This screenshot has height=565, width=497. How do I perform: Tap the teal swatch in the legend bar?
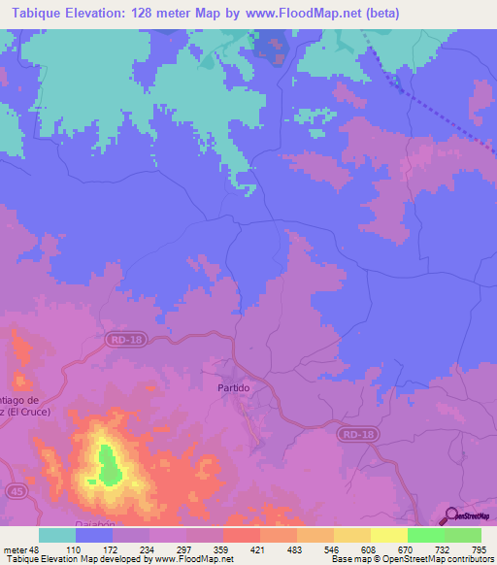point(57,535)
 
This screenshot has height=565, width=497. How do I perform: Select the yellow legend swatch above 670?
point(389,535)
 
